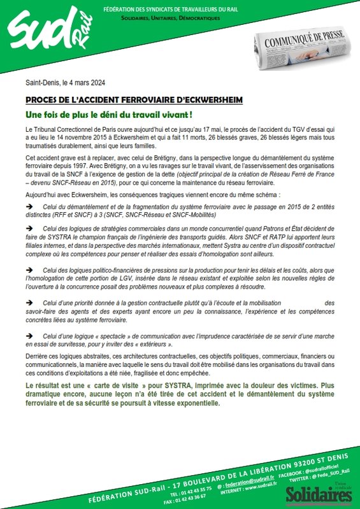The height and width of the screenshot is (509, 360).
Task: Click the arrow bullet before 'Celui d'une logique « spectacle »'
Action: (x=29, y=335)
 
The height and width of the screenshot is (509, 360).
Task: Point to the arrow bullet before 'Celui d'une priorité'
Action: (x=29, y=303)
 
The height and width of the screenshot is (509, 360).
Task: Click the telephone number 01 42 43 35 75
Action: (x=192, y=476)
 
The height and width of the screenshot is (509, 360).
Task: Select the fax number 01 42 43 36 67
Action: (x=192, y=484)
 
